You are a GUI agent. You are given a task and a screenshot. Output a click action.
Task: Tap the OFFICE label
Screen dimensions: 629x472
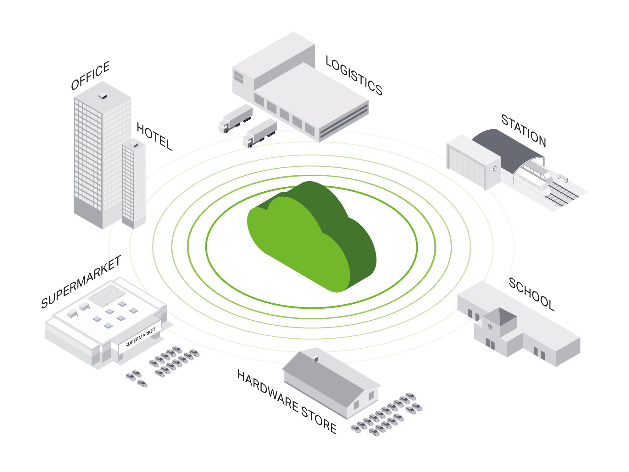[x=90, y=76]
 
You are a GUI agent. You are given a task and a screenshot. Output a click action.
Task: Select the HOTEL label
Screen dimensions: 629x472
[x=154, y=137]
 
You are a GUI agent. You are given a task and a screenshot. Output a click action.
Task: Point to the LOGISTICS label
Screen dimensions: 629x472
[x=354, y=76]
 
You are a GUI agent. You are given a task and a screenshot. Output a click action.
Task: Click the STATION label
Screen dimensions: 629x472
[x=524, y=131]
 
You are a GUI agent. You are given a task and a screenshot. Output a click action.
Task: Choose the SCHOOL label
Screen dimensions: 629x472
[x=532, y=294]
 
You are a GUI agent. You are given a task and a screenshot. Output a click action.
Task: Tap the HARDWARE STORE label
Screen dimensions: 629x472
[x=287, y=402]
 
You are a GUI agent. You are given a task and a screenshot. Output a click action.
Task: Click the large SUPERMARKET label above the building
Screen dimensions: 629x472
[x=81, y=282]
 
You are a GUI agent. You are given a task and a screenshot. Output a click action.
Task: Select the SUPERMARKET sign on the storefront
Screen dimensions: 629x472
[x=141, y=337]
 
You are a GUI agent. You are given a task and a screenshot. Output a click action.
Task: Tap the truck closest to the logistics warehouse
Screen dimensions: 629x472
[x=260, y=133]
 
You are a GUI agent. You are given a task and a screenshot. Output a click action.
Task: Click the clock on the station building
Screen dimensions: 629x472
[x=494, y=169]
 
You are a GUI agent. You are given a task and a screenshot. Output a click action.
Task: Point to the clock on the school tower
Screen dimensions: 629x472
[x=490, y=327]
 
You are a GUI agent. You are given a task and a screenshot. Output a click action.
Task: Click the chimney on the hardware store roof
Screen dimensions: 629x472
[x=315, y=359]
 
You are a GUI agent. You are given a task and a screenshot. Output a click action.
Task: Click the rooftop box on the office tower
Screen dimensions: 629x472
[x=103, y=96]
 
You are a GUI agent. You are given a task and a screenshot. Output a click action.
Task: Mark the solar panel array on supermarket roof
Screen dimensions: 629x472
[x=106, y=296]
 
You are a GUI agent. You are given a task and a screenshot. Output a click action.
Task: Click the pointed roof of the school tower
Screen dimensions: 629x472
[x=500, y=316]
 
